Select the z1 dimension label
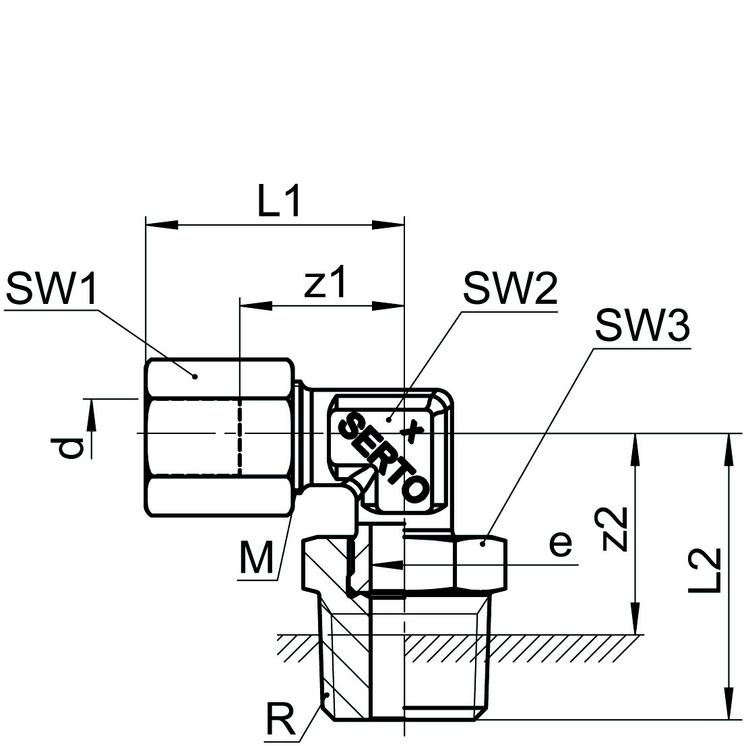325,282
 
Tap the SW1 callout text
51,290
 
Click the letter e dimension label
560,543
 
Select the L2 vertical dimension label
706,570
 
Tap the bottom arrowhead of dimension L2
728,705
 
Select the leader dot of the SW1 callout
194,376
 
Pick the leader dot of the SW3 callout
483,542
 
